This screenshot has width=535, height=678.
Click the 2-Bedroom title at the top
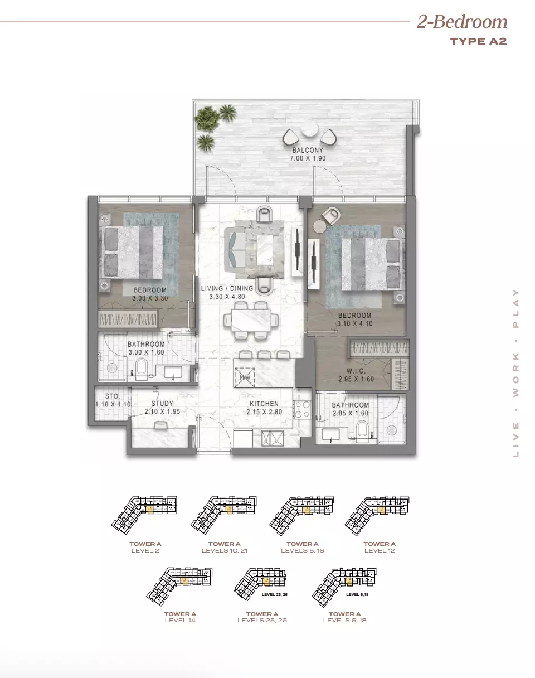coord(462,22)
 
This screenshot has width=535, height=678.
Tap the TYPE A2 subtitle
coord(478,41)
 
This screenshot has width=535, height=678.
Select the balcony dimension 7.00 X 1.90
coord(307,158)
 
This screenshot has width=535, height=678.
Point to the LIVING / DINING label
coord(227,288)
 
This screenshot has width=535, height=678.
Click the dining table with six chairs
coord(250,320)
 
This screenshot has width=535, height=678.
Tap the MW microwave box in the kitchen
coord(245,377)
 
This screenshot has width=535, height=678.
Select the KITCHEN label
coord(264,404)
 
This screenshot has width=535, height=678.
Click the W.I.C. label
coord(356,371)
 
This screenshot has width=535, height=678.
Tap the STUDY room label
coord(162,404)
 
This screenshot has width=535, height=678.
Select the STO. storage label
coord(112,396)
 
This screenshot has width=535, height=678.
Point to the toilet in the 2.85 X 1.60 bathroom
coord(363,429)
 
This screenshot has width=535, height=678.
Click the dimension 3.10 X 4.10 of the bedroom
coord(354,323)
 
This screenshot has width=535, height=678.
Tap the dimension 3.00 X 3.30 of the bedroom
coord(150,298)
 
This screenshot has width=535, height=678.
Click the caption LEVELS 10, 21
coord(224,551)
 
